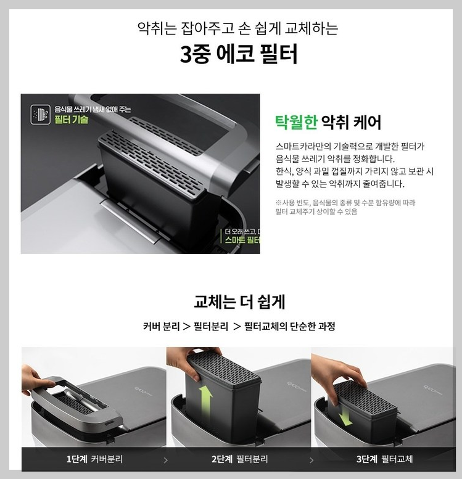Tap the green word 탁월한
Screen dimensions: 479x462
tap(295, 122)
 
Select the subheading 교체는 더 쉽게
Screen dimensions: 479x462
tap(239, 302)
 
